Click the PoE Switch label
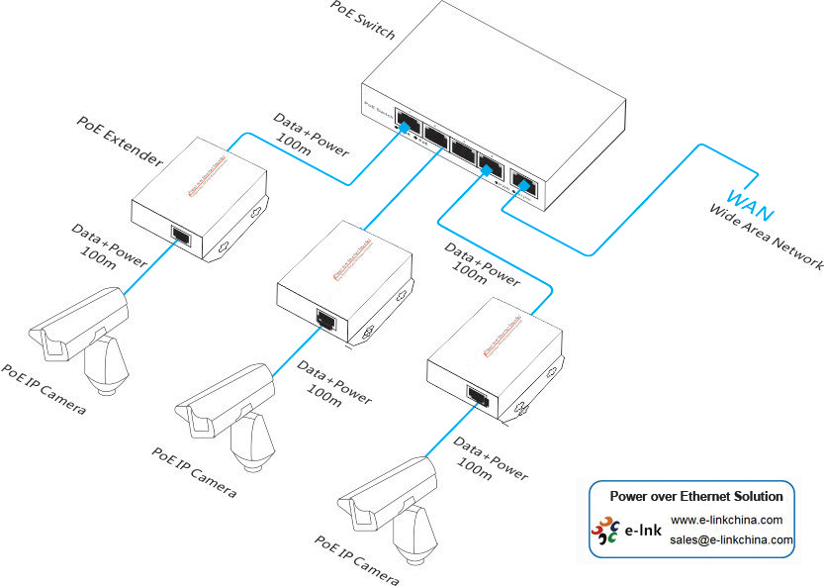coord(363,20)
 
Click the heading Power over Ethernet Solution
coord(695,496)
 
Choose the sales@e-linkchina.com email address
coord(731,539)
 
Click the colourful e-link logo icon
coord(604,532)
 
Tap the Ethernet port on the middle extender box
coord(323,319)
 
